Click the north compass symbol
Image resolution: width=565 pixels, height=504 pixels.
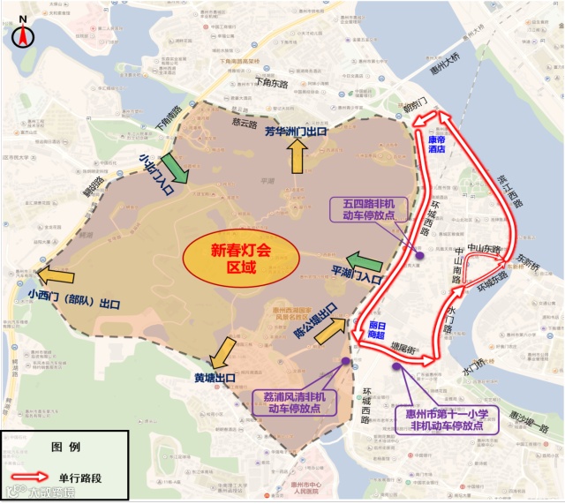pos(22,34)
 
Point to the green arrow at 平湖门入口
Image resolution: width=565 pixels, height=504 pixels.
pos(364,261)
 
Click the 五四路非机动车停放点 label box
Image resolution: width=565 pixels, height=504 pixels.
pos(370,209)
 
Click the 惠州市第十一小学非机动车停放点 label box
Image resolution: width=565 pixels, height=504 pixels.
pos(448,419)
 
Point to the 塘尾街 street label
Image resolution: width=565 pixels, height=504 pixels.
pos(403,348)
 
